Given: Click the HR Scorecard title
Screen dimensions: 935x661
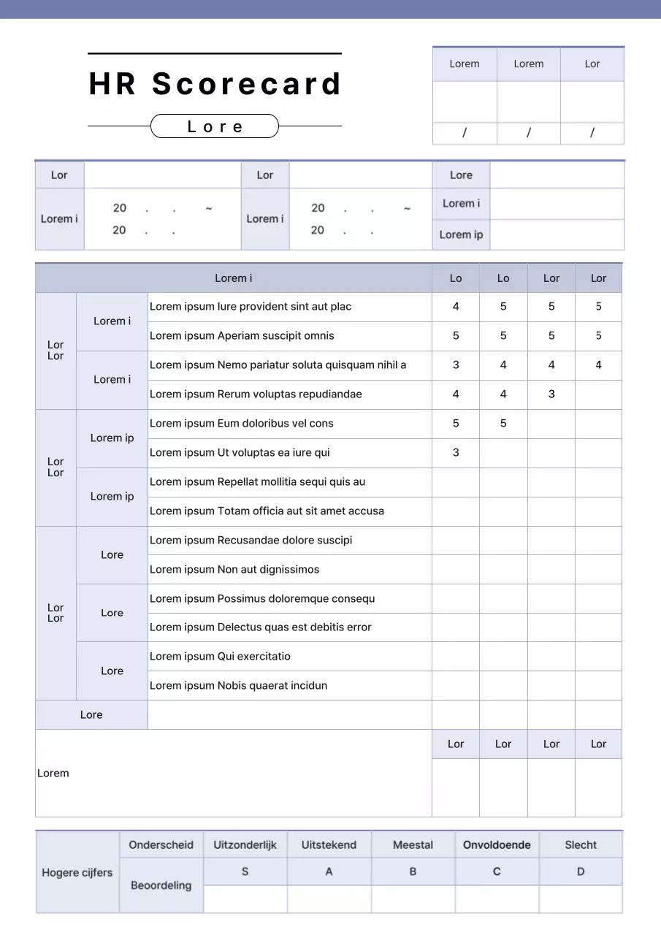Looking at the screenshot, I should click(x=215, y=84).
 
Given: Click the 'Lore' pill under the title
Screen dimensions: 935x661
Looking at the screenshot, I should click(x=215, y=126).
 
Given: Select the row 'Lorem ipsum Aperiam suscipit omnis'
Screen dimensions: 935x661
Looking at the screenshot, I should click(x=242, y=336).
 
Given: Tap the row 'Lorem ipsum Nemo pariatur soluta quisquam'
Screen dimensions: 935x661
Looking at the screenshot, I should click(x=278, y=365).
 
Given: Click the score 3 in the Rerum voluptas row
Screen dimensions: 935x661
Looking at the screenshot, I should click(x=551, y=394).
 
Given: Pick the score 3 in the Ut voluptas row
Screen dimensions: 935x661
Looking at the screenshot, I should click(x=456, y=453).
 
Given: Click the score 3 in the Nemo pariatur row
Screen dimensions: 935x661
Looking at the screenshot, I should click(x=456, y=365).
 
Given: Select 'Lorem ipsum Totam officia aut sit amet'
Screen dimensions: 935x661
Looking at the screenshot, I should click(x=267, y=511).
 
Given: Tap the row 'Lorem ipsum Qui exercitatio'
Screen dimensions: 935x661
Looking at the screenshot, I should click(x=220, y=657).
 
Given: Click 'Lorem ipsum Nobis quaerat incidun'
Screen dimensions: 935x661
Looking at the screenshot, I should click(x=238, y=686).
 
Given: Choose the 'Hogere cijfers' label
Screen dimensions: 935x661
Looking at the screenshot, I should click(x=77, y=872).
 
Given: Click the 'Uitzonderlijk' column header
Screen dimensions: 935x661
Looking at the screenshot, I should click(x=245, y=845).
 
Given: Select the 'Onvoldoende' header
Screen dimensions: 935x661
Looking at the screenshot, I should click(x=497, y=845).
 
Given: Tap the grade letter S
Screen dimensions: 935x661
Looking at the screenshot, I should click(x=245, y=871).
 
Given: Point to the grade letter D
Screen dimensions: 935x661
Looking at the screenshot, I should click(x=581, y=871).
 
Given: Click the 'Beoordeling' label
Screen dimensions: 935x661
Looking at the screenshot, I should click(x=161, y=885).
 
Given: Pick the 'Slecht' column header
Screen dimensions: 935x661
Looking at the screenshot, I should click(x=581, y=845).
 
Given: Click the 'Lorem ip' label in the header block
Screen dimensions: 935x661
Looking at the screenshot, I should click(x=461, y=234).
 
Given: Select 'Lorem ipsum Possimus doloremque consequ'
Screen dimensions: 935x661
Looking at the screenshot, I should click(x=262, y=599).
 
